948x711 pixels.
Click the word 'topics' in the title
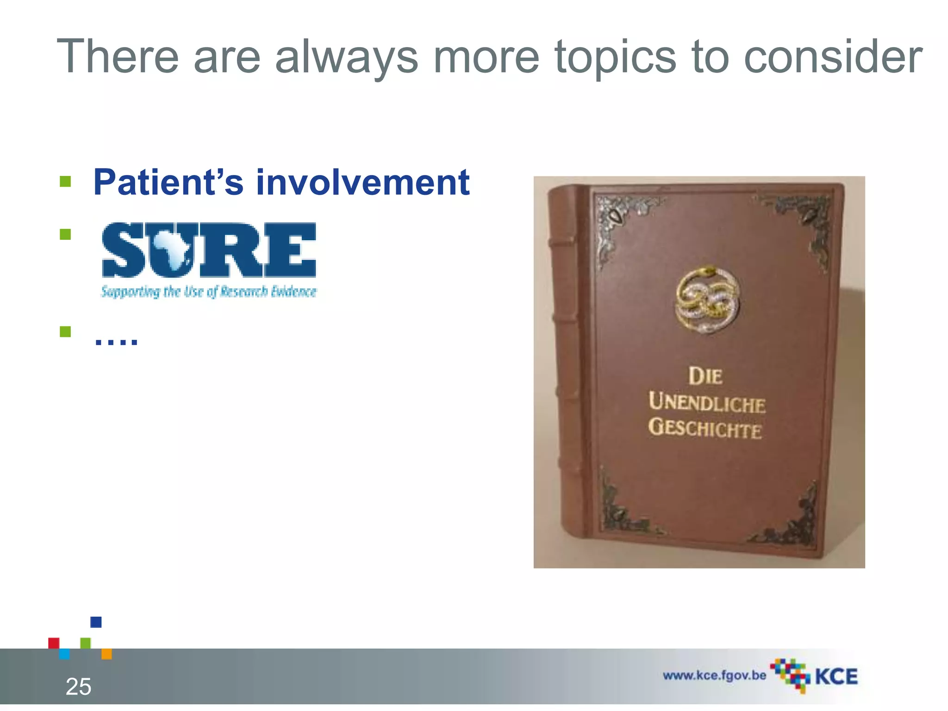pyautogui.click(x=615, y=57)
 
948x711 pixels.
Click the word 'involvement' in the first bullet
pyautogui.click(x=363, y=182)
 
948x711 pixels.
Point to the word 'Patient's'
pyautogui.click(x=168, y=182)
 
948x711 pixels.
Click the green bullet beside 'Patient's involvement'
pyautogui.click(x=65, y=181)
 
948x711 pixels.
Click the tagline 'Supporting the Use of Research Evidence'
pyautogui.click(x=209, y=292)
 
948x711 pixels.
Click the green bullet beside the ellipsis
pyautogui.click(x=65, y=331)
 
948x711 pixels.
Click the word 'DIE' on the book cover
pyautogui.click(x=705, y=376)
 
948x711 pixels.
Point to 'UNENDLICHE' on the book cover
pyautogui.click(x=707, y=403)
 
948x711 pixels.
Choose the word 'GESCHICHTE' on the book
pyautogui.click(x=705, y=428)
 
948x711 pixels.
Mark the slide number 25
pyautogui.click(x=79, y=686)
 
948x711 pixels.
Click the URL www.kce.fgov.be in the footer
pyautogui.click(x=714, y=675)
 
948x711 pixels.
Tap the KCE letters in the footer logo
pyautogui.click(x=836, y=677)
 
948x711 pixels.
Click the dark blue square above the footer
pyautogui.click(x=96, y=622)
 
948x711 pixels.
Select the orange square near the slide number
pyautogui.click(x=106, y=654)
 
